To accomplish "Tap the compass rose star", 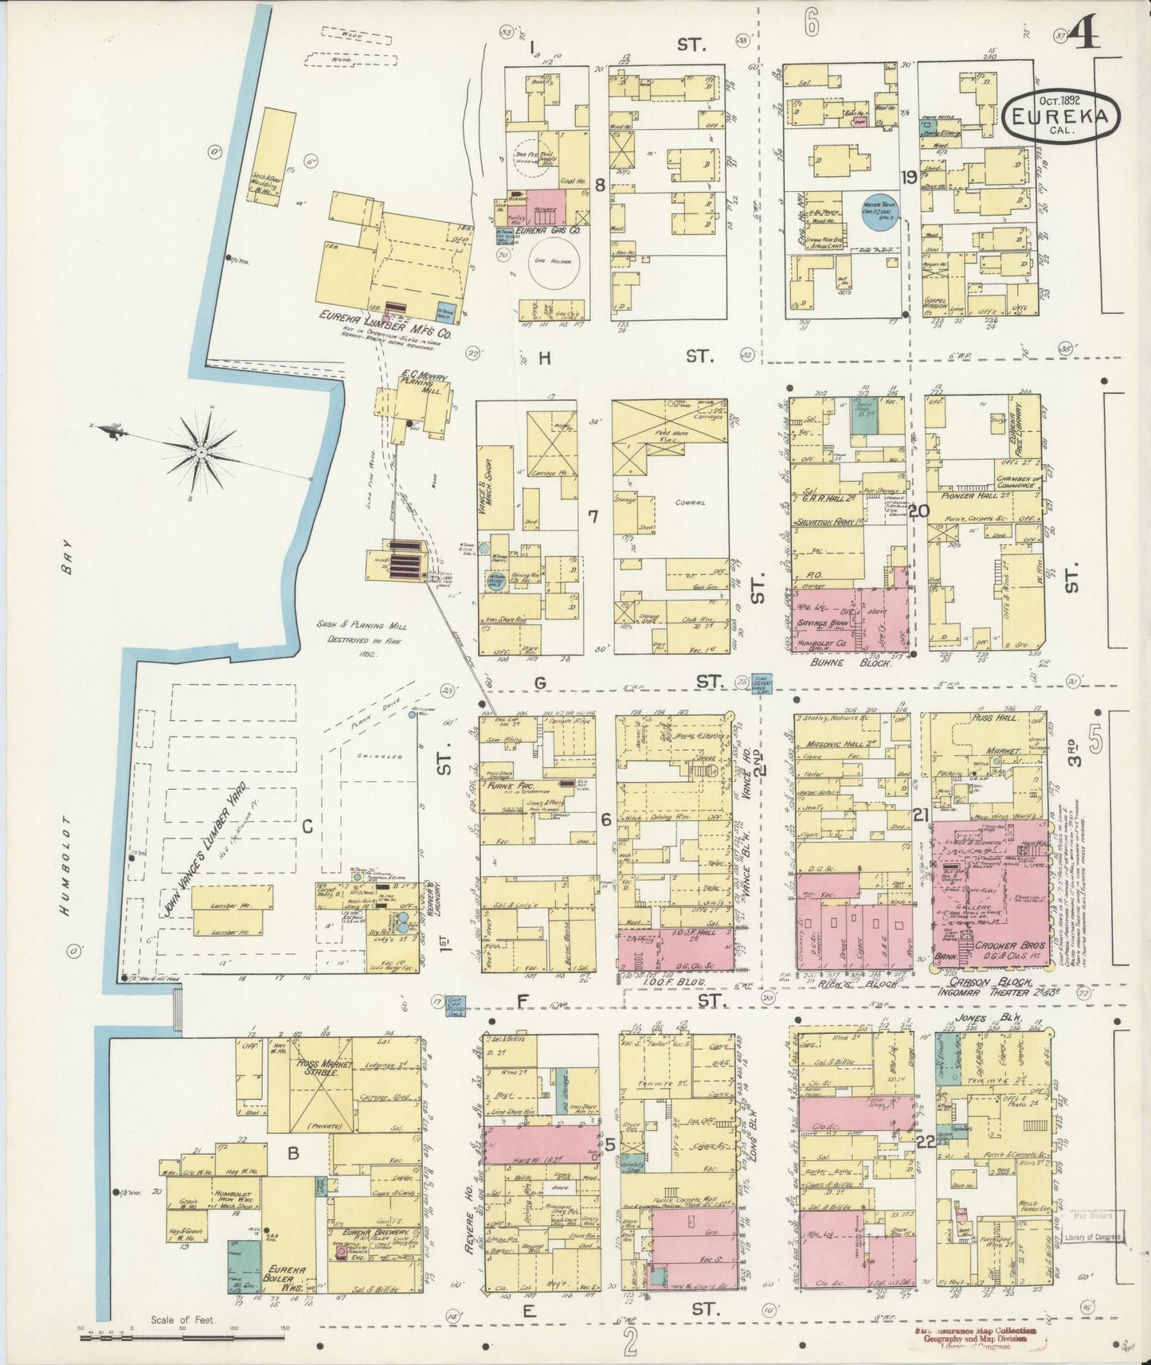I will pyautogui.click(x=202, y=452).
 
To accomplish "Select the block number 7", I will pyautogui.click(x=593, y=517).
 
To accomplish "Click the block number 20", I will pyautogui.click(x=918, y=511).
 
